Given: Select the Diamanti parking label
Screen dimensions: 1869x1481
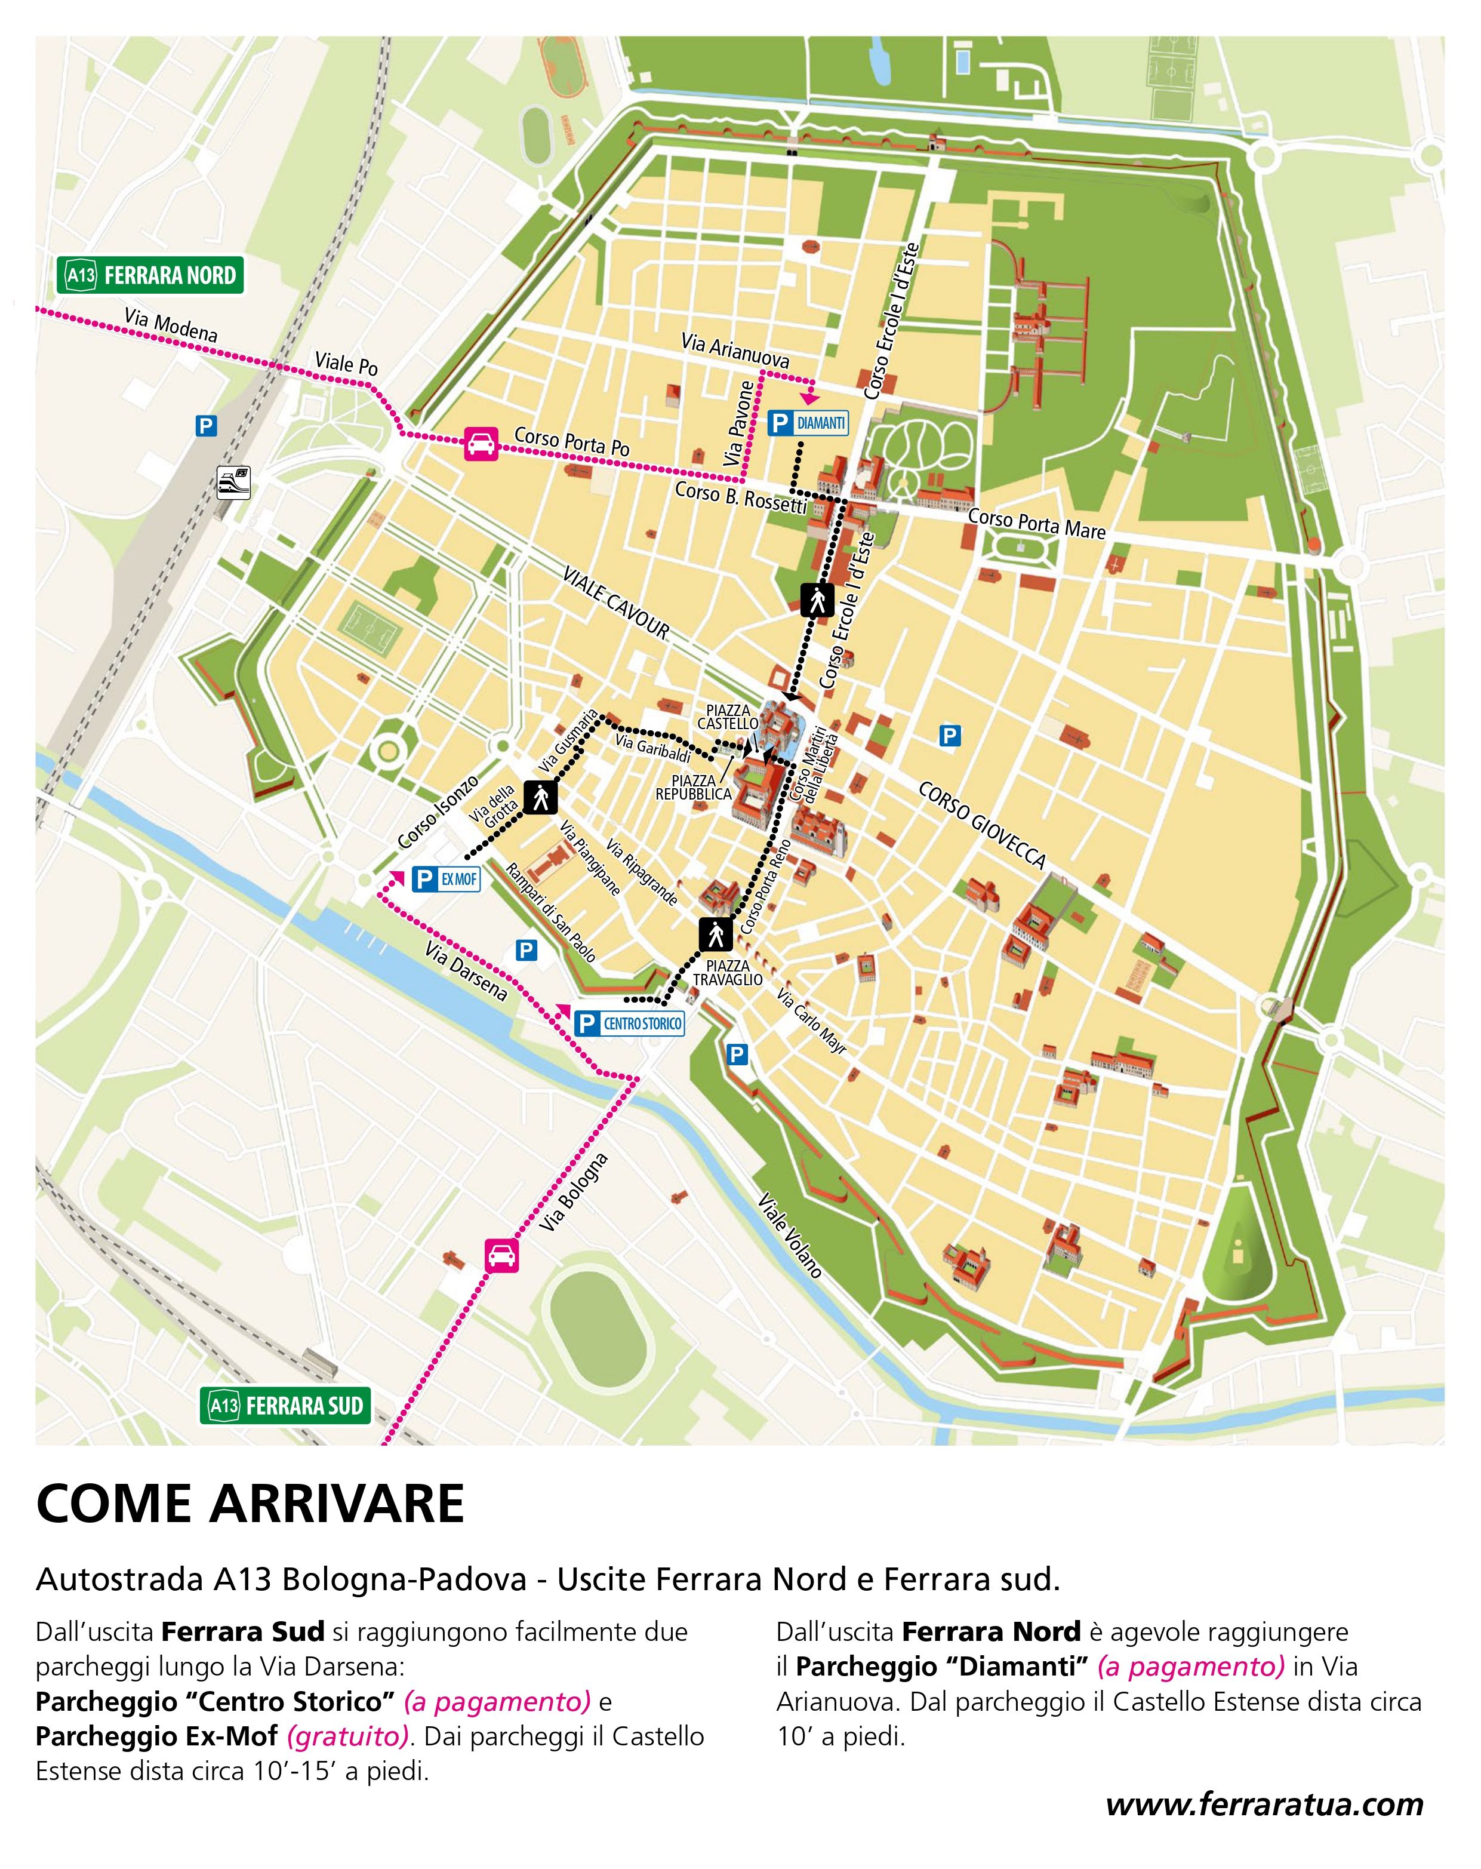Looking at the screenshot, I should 808,423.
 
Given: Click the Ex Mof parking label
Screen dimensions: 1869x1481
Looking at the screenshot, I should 445,879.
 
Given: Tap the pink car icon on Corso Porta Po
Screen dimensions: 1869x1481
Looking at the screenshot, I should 481,443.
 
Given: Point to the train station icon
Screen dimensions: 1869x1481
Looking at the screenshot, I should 234,482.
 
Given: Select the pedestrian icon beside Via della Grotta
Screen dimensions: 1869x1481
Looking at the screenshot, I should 541,796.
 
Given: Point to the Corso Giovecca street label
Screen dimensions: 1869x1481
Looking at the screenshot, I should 982,825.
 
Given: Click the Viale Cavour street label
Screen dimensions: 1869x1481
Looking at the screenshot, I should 616,604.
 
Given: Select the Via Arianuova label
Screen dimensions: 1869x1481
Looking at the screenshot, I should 734,349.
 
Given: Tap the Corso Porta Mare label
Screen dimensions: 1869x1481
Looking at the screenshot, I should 1036,524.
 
